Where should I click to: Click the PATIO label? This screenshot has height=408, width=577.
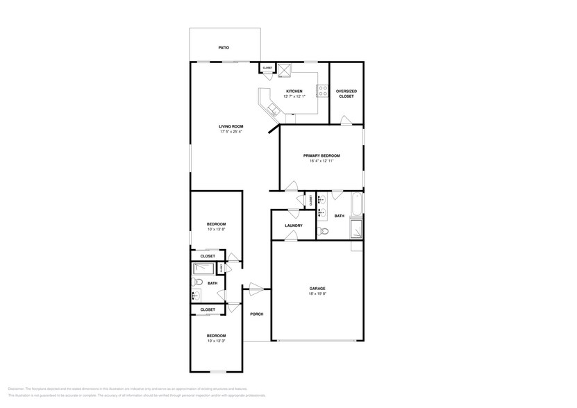tap(224, 48)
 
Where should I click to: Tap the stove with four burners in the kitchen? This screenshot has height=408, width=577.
tap(322, 90)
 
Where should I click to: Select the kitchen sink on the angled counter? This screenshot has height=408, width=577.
tap(271, 110)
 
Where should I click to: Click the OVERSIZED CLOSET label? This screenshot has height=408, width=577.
tap(346, 94)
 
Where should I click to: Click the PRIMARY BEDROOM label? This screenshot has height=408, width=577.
tap(321, 155)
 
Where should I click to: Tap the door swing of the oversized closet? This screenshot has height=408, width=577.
tap(344, 121)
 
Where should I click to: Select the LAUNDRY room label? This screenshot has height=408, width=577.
tap(293, 226)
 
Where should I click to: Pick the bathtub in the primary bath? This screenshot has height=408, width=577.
tap(357, 205)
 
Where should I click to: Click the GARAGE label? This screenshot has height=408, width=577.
tap(317, 288)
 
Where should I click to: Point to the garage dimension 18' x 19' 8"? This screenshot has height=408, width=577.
tap(317, 294)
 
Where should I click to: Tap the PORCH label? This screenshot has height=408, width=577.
tap(256, 314)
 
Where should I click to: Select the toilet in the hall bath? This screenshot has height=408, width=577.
tap(197, 282)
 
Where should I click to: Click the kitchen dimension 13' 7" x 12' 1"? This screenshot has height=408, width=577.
tap(294, 97)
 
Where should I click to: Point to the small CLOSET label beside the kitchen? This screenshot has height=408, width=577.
tap(267, 68)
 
